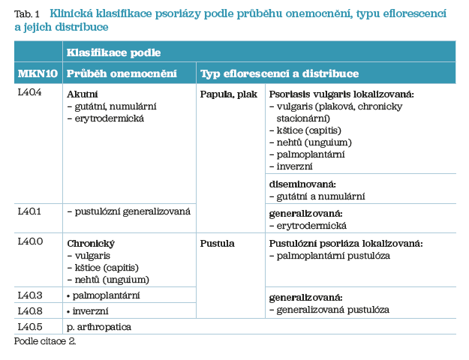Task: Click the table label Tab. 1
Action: click(x=26, y=13)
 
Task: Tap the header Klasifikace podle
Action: click(x=113, y=52)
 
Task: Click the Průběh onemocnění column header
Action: click(x=122, y=73)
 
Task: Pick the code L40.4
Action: click(x=30, y=93)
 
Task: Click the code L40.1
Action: click(x=30, y=211)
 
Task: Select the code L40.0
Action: click(x=30, y=243)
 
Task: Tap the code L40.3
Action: click(x=30, y=295)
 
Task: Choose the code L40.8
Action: click(x=30, y=310)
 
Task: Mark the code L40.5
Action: click(x=30, y=326)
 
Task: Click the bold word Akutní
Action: click(x=83, y=94)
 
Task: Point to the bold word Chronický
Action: click(x=90, y=244)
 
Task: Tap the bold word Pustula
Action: click(x=218, y=244)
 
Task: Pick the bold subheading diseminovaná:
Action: click(x=302, y=184)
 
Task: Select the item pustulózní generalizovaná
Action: click(x=129, y=211)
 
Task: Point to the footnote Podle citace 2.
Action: click(x=45, y=341)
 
